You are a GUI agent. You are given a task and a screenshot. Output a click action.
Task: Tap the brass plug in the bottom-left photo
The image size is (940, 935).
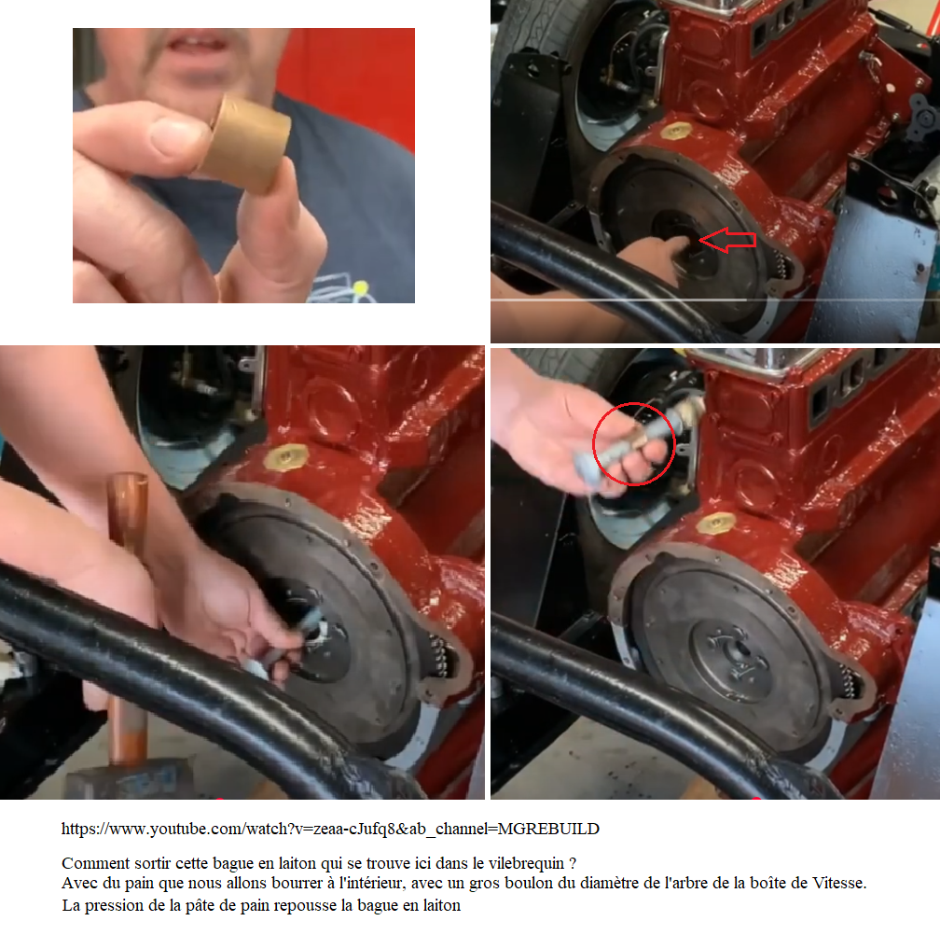pyautogui.click(x=286, y=456)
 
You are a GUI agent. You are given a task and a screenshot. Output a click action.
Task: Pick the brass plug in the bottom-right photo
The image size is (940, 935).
pyautogui.click(x=716, y=523)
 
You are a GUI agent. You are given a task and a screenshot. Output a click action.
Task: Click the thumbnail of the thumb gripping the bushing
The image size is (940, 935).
pyautogui.click(x=177, y=137)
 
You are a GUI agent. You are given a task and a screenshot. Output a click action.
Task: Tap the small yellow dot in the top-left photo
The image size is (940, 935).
pyautogui.click(x=360, y=287)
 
